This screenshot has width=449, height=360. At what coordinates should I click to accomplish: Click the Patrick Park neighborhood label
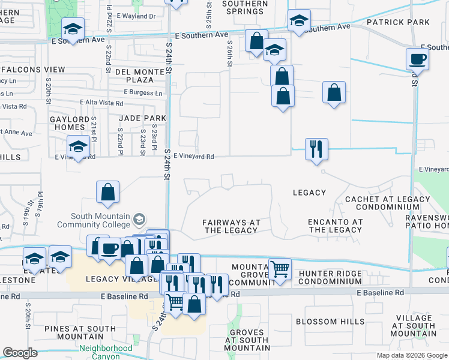pyautogui.click(x=399, y=22)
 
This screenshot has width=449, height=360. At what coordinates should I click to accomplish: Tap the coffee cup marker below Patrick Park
pyautogui.click(x=417, y=60)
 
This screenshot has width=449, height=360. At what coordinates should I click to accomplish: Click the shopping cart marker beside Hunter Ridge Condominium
pyautogui.click(x=280, y=270)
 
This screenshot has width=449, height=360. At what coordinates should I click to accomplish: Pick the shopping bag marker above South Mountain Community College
pyautogui.click(x=107, y=193)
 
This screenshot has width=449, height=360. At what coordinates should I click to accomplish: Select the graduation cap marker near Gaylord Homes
pyautogui.click(x=79, y=146)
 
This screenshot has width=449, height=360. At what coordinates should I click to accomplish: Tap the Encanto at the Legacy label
pyautogui.click(x=336, y=226)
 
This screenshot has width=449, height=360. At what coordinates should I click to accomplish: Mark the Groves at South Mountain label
pyautogui.click(x=247, y=340)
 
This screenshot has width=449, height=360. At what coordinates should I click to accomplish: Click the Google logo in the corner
pyautogui.click(x=19, y=353)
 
